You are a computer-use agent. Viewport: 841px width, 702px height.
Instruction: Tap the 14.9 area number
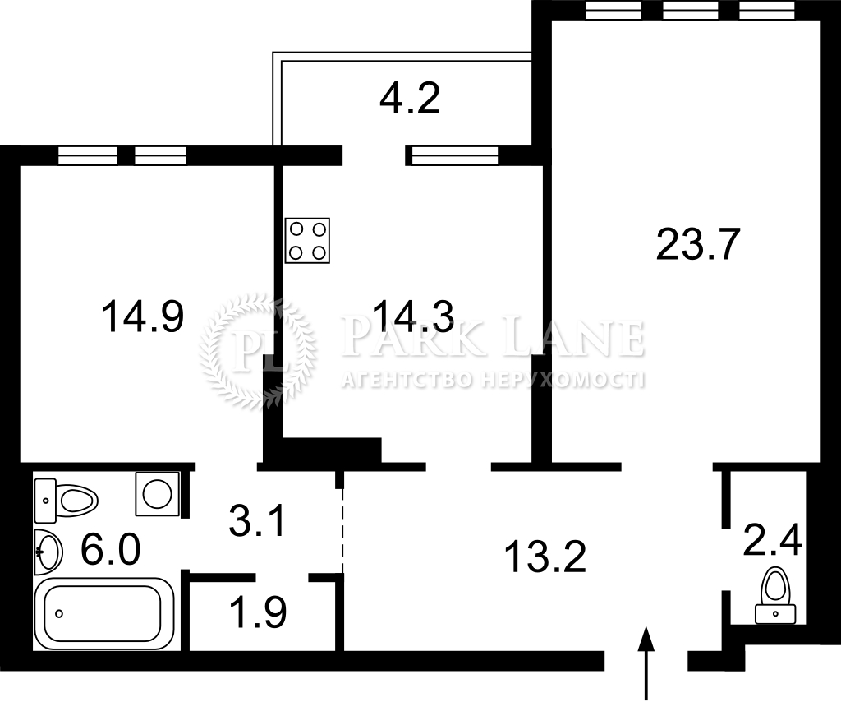(x=143, y=316)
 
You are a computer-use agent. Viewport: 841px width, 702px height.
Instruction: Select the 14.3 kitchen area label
(x=414, y=316)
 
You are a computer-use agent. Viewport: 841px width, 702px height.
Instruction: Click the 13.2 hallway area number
(x=545, y=557)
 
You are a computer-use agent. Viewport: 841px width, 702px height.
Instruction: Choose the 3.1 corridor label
(x=257, y=521)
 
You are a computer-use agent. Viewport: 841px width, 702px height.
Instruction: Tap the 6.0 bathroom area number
(x=111, y=550)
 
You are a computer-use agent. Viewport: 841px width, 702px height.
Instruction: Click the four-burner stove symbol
(x=307, y=241)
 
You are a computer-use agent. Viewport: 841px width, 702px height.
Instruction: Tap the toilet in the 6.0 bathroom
(x=66, y=501)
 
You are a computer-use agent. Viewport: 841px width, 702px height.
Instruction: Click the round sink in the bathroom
(x=48, y=552)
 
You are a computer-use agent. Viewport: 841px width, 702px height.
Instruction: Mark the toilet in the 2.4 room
(x=775, y=595)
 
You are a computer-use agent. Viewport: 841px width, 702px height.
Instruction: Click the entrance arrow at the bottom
(x=647, y=663)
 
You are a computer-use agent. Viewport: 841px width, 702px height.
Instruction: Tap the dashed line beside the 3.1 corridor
(x=342, y=531)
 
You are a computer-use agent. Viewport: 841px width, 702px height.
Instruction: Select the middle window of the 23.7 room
(x=690, y=10)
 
